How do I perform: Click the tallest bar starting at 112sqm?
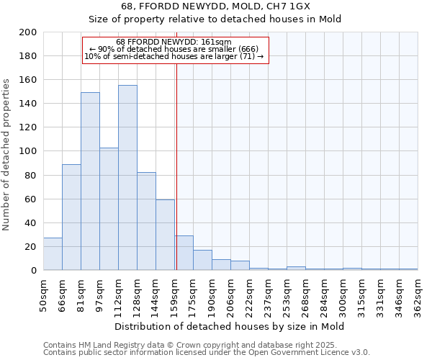click(127, 178)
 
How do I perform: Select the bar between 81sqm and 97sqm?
click(90, 181)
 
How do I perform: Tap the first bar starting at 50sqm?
click(53, 254)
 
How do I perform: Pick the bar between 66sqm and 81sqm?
click(71, 217)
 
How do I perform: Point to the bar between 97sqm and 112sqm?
click(109, 209)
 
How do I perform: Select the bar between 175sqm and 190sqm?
click(202, 260)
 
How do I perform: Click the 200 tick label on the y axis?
click(28, 32)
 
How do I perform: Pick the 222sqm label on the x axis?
click(249, 295)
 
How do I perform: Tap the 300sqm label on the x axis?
click(343, 295)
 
